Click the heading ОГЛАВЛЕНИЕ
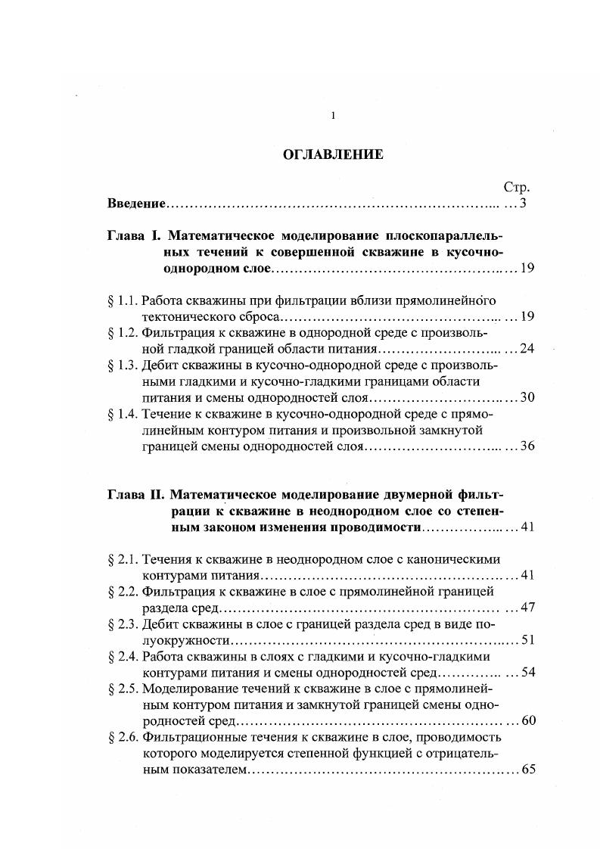click(x=333, y=154)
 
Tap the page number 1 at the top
click(x=332, y=115)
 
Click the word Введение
click(x=136, y=204)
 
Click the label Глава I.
click(x=133, y=235)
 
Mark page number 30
click(x=527, y=397)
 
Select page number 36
click(x=527, y=446)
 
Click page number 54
click(x=527, y=672)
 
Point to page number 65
click(x=527, y=770)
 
